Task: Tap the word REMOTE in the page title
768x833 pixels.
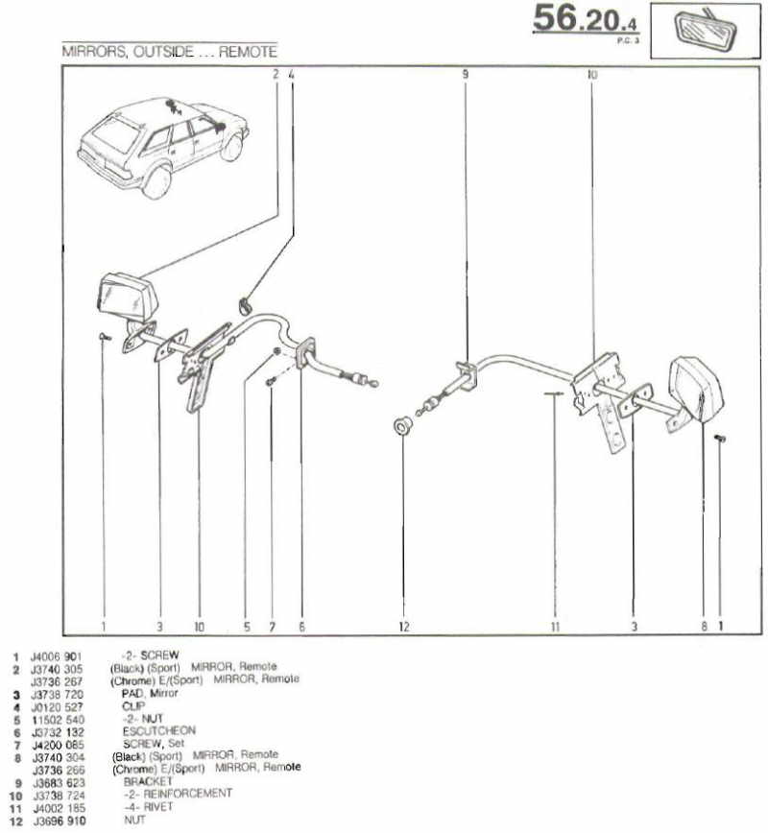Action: [x=249, y=52]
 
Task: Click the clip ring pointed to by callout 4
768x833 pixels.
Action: [x=244, y=306]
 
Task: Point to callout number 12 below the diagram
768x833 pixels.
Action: [x=404, y=627]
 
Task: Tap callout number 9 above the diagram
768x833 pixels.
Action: [x=465, y=73]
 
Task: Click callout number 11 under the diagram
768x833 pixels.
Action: [x=555, y=627]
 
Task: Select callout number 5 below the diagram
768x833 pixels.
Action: [x=246, y=627]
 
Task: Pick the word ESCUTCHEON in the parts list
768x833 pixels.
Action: [x=159, y=730]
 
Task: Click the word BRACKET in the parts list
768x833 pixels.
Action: [x=147, y=780]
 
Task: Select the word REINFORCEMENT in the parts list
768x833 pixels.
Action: [x=188, y=793]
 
